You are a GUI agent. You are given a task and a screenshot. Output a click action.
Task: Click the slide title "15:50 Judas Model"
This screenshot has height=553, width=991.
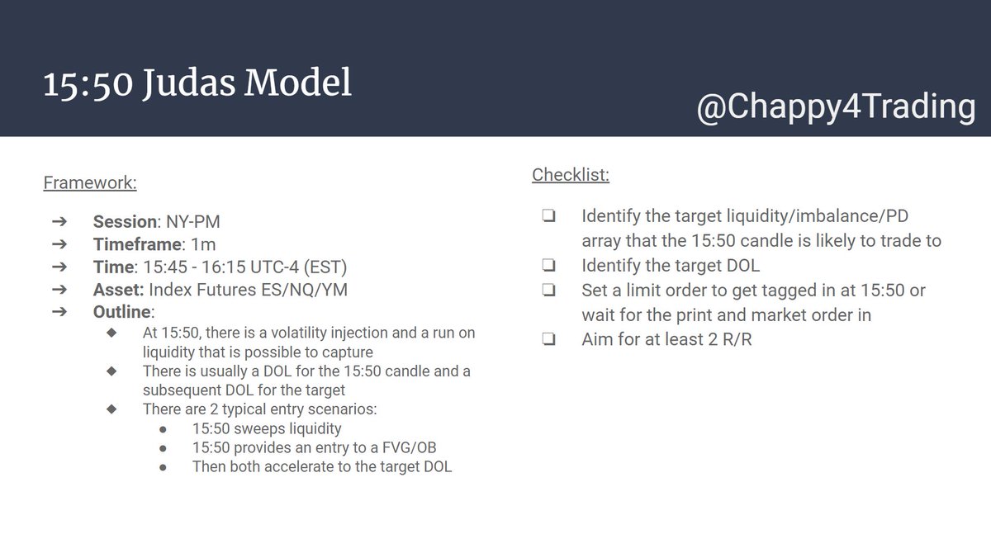tap(197, 83)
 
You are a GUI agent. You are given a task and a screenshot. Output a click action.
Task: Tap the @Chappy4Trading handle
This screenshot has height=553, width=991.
tap(835, 108)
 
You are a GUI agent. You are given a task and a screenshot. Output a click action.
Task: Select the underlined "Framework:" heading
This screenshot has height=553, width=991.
tap(90, 182)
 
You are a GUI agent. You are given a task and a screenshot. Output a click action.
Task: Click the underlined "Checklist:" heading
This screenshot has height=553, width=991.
tap(571, 174)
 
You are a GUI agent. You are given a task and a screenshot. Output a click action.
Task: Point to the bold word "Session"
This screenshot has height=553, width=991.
tap(125, 222)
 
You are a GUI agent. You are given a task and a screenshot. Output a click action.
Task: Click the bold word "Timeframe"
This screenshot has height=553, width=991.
tap(137, 244)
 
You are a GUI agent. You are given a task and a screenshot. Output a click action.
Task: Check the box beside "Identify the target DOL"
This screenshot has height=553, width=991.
tap(548, 266)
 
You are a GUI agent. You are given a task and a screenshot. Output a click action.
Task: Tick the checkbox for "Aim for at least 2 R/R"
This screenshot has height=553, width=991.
tap(548, 340)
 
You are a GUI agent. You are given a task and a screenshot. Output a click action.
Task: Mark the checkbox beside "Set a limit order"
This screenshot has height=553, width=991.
tap(548, 291)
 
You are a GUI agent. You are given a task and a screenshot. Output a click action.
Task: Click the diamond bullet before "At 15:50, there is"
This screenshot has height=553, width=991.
tap(113, 333)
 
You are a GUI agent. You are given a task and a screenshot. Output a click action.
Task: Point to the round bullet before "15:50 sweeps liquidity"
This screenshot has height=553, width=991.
tap(163, 428)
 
